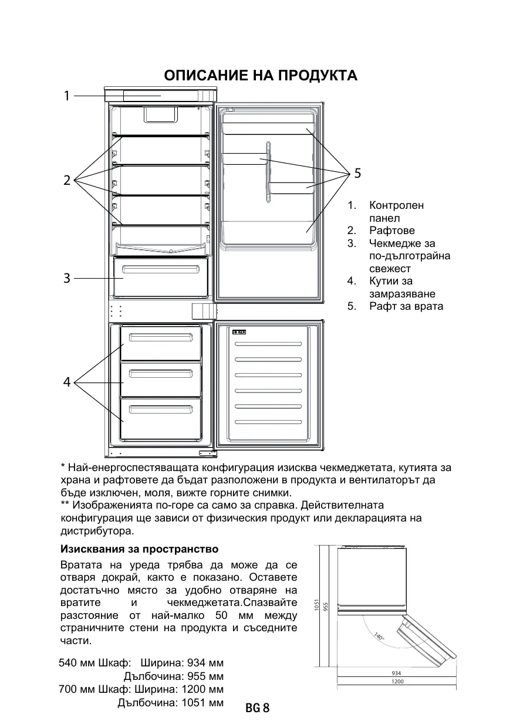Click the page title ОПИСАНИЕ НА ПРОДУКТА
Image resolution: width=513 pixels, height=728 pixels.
(x=261, y=76)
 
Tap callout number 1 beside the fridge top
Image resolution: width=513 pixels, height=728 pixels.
(x=67, y=95)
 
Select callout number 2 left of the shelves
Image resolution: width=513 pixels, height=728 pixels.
(x=67, y=181)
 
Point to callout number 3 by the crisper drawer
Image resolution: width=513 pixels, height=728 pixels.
(x=67, y=278)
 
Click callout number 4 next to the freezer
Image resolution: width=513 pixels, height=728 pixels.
(x=67, y=382)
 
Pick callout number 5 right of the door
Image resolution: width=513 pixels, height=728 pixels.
(x=357, y=174)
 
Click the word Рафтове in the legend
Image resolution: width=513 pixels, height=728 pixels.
(x=392, y=231)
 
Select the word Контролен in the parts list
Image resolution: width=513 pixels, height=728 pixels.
(x=396, y=205)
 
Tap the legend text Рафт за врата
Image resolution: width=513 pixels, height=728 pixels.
(x=406, y=306)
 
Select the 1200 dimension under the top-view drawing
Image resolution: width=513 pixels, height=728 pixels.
(x=397, y=682)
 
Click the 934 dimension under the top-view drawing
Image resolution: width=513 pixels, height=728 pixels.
(x=396, y=673)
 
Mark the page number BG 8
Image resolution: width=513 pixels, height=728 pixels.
(x=257, y=709)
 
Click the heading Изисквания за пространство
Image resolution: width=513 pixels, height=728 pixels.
(x=140, y=549)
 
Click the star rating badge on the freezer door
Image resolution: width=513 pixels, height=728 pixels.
(x=240, y=333)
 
